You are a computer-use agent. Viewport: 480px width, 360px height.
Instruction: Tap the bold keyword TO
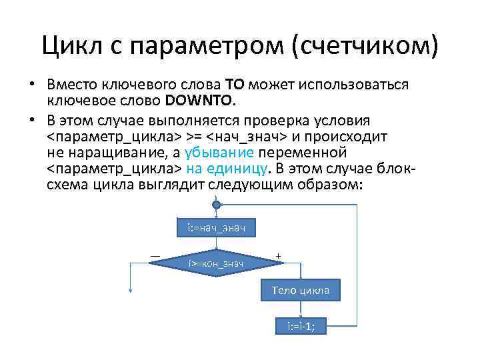(x=235, y=86)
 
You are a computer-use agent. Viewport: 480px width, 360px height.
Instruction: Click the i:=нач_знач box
(x=215, y=229)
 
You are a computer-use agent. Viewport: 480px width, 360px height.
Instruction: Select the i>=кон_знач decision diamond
(x=215, y=263)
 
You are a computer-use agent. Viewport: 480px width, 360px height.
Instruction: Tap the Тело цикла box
(x=305, y=291)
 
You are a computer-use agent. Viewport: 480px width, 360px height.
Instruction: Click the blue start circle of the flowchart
(x=215, y=205)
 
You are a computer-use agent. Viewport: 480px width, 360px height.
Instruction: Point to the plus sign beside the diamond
(x=278, y=255)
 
